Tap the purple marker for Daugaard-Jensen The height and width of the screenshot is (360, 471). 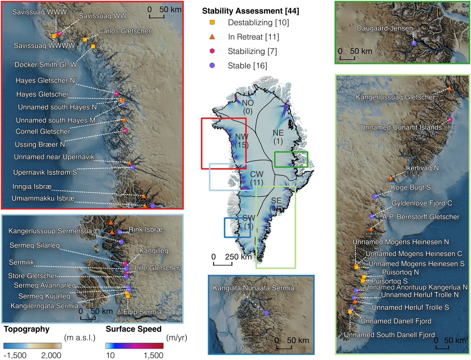413,43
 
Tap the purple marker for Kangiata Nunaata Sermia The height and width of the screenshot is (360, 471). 266,313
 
